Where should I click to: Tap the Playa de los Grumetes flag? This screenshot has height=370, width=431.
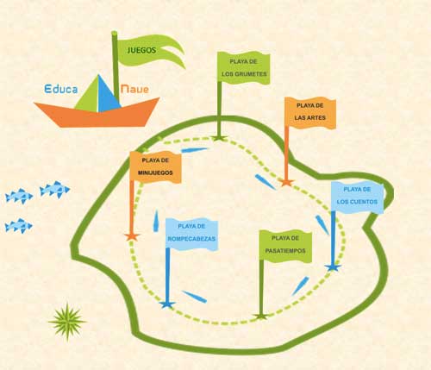tap(244, 68)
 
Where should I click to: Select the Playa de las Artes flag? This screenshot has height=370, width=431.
tap(310, 113)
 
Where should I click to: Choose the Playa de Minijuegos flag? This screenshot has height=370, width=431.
tap(155, 166)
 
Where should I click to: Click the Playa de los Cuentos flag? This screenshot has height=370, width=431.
tap(357, 198)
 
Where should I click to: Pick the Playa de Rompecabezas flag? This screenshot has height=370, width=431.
tap(191, 234)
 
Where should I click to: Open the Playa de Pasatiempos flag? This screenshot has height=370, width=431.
tap(285, 246)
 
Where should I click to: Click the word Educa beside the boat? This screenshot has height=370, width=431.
tap(61, 89)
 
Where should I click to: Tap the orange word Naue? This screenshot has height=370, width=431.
tap(134, 89)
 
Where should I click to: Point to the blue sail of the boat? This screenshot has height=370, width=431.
tap(108, 95)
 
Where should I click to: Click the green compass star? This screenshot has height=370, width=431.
tap(67, 322)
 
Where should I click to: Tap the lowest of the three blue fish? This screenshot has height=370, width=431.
tap(19, 226)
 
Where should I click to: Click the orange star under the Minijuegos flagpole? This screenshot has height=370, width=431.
tap(132, 236)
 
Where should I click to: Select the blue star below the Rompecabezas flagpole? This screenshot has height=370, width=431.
tap(167, 304)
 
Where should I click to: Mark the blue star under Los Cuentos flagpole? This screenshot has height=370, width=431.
tap(333, 267)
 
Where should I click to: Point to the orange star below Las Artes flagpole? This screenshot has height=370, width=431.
tap(286, 182)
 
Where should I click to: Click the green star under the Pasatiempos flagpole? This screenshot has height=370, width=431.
tap(261, 317)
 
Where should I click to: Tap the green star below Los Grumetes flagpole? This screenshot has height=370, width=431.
tap(219, 138)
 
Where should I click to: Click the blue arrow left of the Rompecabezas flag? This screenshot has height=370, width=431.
tap(156, 221)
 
